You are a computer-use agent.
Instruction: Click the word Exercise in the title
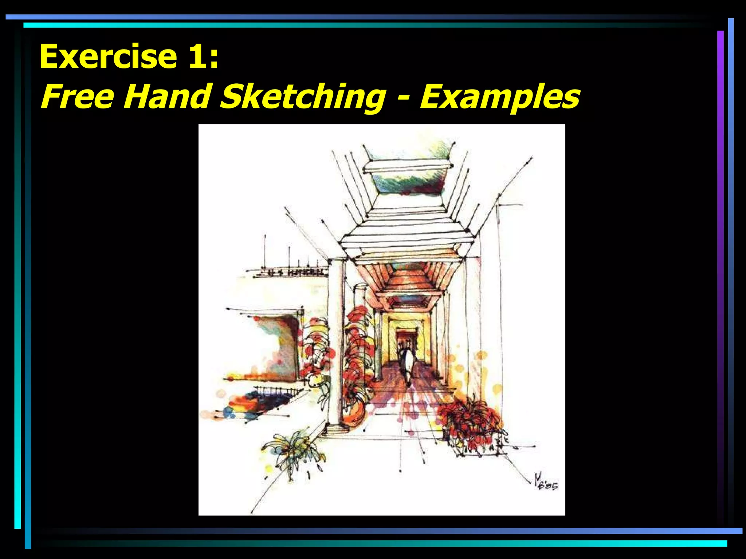coord(108,56)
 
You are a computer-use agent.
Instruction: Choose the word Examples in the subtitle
coord(500,97)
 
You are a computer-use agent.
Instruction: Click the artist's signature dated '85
coord(545,483)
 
